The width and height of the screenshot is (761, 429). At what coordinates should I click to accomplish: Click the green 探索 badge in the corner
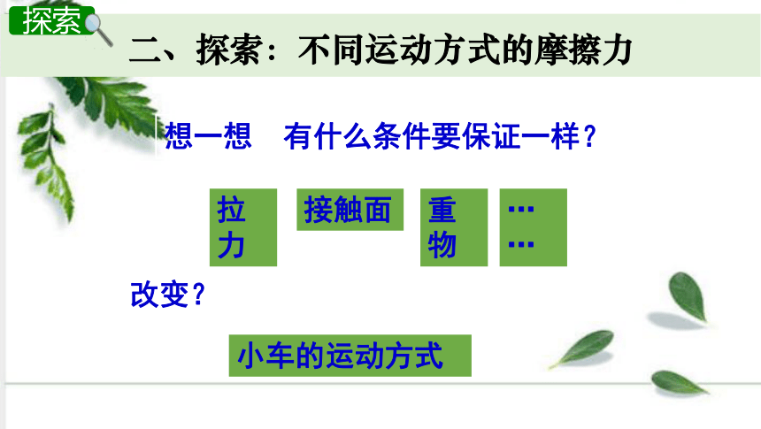coord(51,20)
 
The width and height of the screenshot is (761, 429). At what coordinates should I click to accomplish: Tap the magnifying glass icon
coord(99,29)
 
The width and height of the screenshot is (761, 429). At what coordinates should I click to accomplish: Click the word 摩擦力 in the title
coord(583,50)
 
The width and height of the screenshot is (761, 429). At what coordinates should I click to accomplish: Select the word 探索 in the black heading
coord(228,50)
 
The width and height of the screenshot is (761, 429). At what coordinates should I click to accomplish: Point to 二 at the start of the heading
coord(144,50)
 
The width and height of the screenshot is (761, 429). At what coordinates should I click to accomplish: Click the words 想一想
coord(208,136)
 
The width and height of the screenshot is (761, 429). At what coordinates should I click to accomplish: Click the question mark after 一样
coord(589,136)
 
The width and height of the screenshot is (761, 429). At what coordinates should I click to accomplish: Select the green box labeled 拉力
coord(243,227)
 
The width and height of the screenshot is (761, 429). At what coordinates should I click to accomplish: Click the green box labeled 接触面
coord(350,210)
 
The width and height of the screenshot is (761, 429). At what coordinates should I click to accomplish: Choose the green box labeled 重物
coord(454,227)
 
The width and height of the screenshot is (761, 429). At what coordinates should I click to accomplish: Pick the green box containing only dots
coord(534,227)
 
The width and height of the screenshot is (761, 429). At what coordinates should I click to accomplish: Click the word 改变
coord(159,294)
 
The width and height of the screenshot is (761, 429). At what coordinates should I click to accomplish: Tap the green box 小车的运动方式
coord(350,356)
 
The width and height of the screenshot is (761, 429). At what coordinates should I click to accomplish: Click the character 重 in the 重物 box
coord(442,210)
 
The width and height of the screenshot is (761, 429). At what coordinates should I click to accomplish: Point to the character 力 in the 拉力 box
coord(231,245)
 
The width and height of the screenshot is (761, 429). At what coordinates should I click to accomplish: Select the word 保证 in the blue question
coord(491,136)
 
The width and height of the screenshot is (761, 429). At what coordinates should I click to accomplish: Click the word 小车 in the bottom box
coord(266,356)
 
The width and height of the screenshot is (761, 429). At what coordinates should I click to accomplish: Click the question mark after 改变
coord(198,295)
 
